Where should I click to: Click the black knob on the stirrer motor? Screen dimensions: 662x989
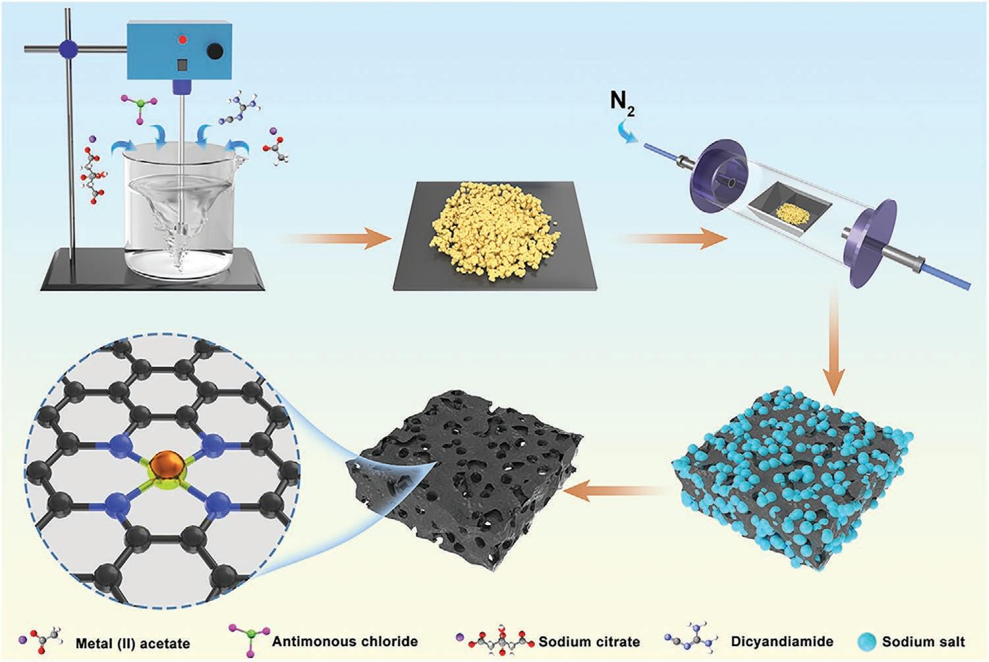tap(215, 51)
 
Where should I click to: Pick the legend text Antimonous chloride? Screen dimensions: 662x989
tap(345, 641)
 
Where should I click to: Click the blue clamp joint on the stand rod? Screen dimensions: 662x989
tap(69, 48)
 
